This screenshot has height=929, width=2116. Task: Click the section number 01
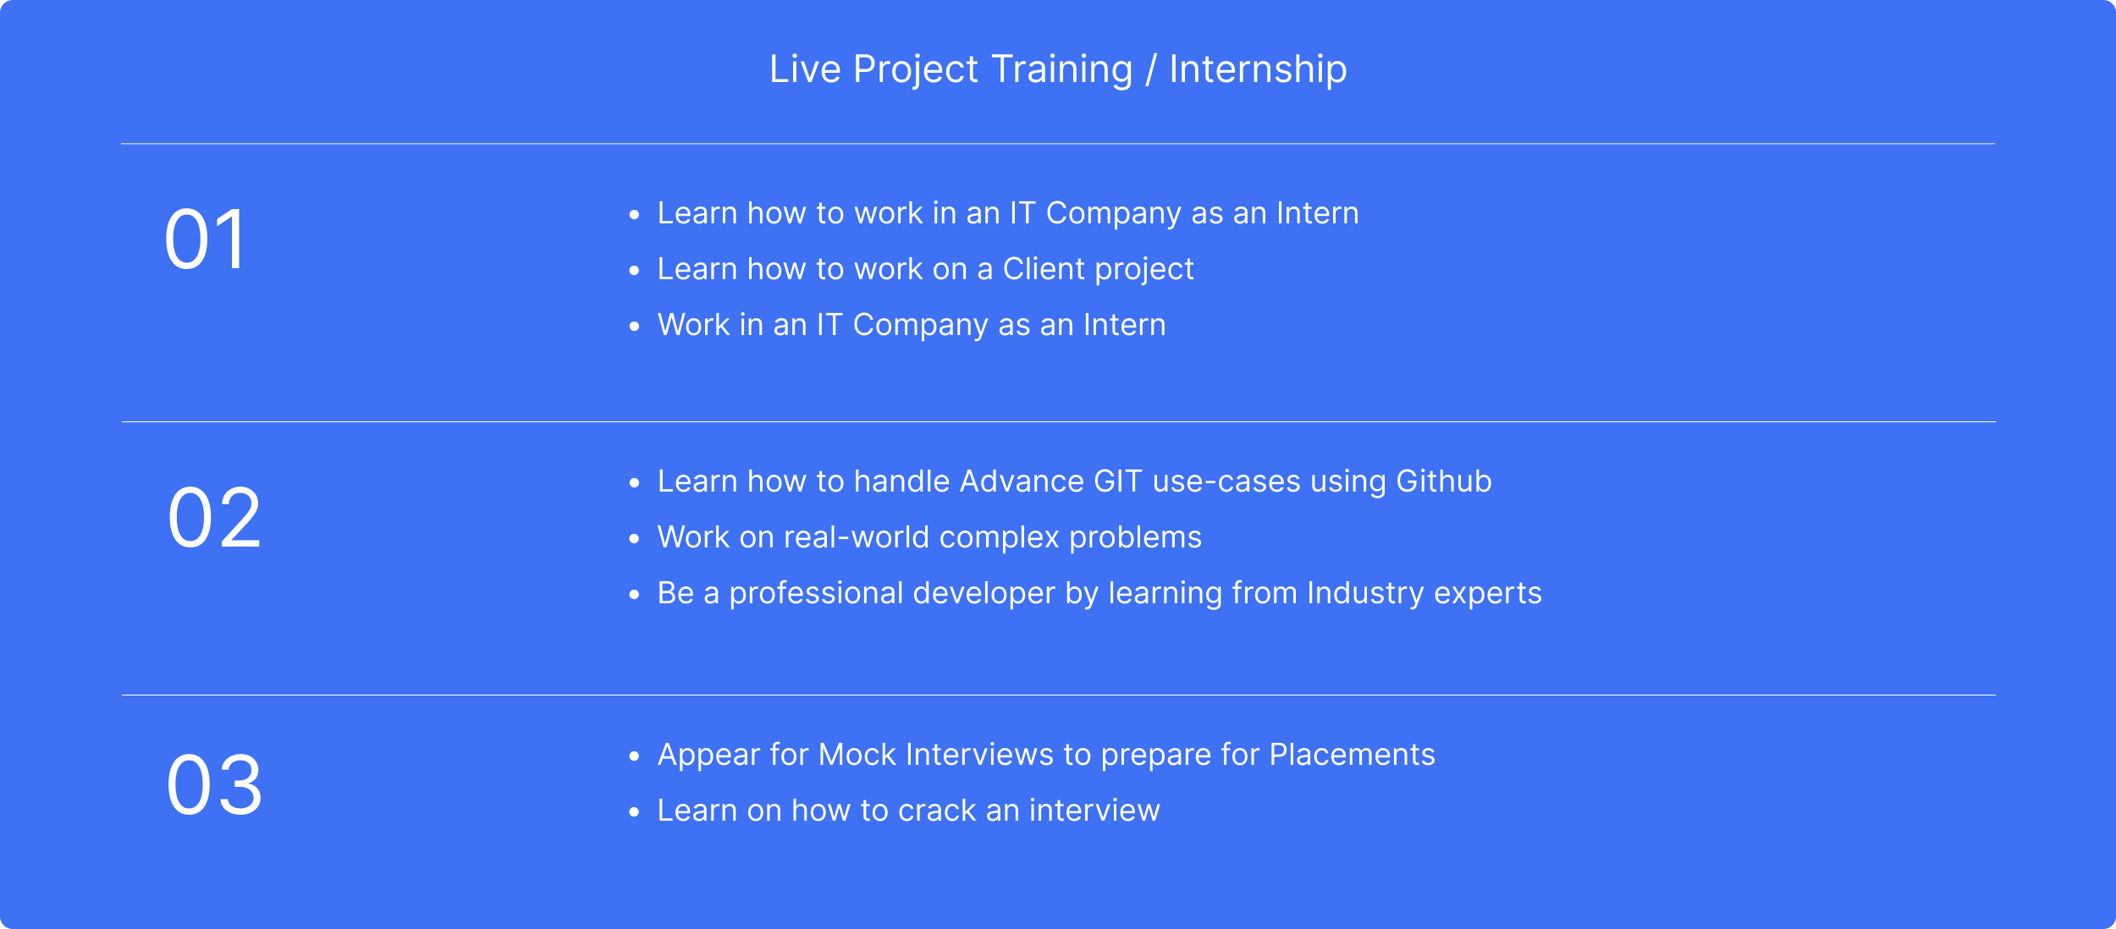tap(205, 239)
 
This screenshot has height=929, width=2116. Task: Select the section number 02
tap(214, 518)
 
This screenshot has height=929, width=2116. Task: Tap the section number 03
tap(214, 786)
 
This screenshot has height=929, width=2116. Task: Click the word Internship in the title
tap(1258, 70)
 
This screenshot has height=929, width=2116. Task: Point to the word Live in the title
tap(805, 69)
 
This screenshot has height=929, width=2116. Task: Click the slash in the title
tap(1150, 70)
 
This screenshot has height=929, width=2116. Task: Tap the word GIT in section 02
tap(1118, 481)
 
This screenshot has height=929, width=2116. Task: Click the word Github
tap(1444, 481)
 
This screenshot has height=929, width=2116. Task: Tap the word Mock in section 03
tap(857, 755)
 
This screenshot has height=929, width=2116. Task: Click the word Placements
tap(1353, 755)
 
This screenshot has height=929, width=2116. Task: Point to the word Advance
tap(1022, 481)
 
